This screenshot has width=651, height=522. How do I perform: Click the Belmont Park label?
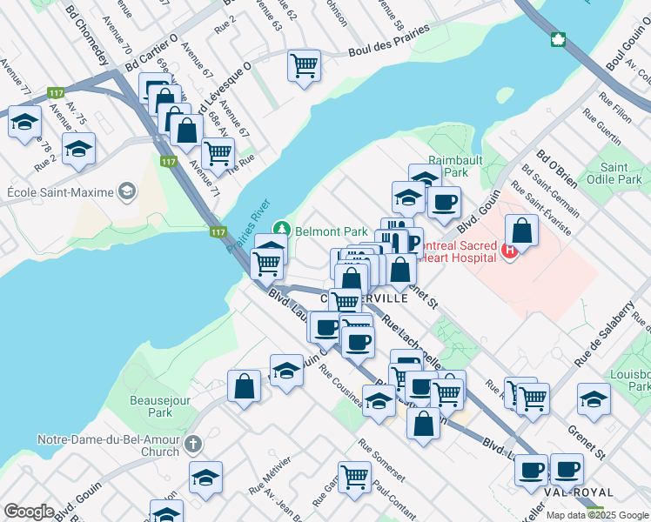[x=332, y=231]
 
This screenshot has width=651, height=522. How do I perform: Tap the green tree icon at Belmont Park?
[x=281, y=231]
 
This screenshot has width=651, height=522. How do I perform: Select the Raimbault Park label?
[x=448, y=166]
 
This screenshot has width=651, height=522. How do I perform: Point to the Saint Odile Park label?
[x=621, y=173]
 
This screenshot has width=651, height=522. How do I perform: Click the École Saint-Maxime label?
[x=59, y=191]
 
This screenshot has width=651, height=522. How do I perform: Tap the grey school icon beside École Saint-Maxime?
[x=128, y=191]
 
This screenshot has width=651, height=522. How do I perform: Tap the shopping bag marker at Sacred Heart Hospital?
[x=521, y=231]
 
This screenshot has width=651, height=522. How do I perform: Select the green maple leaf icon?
[x=558, y=40]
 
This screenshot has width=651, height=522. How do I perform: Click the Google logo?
[x=29, y=512]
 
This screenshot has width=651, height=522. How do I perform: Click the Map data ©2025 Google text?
[x=596, y=515]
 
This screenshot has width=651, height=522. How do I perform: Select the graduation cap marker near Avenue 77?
[x=24, y=122]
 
